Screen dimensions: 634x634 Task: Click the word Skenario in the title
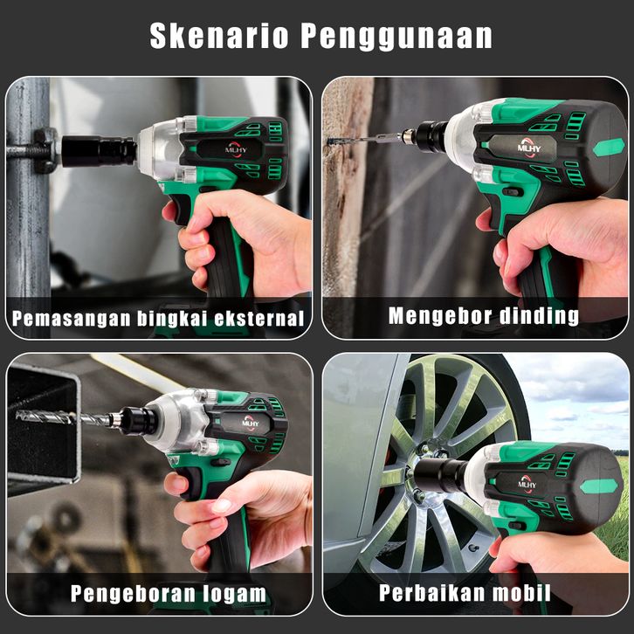tap(218, 36)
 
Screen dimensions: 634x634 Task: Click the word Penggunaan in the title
tap(396, 37)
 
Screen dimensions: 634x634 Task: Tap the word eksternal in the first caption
tap(259, 318)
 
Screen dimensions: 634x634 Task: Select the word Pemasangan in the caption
tap(71, 319)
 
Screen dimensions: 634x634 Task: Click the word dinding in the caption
tap(539, 316)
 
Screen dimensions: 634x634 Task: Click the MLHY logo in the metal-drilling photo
tap(251, 422)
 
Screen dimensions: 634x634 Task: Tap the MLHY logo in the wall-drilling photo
tap(529, 147)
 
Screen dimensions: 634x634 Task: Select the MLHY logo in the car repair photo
tap(527, 484)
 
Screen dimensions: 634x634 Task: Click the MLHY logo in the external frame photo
tap(236, 148)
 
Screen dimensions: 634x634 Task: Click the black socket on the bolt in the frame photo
tap(99, 151)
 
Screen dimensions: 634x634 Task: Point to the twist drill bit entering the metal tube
tap(64, 417)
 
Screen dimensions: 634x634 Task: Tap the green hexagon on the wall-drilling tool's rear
tap(609, 148)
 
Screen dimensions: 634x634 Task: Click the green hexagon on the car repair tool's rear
tap(599, 486)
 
